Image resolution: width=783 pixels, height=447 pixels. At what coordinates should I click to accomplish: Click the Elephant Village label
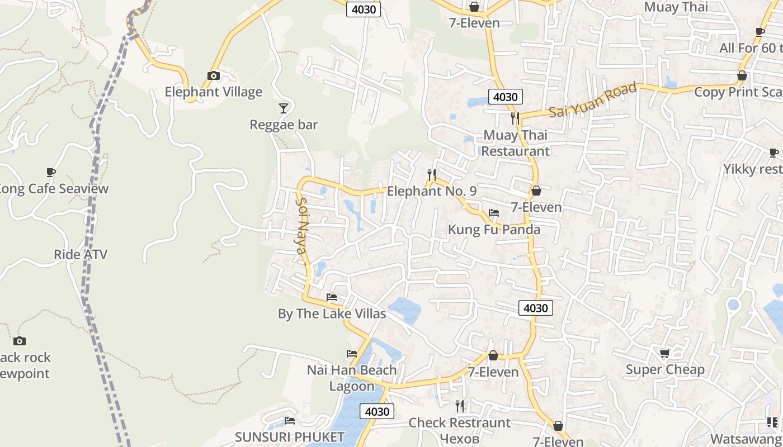pyautogui.click(x=213, y=92)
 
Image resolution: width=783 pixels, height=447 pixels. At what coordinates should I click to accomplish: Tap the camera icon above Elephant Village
pyautogui.click(x=213, y=75)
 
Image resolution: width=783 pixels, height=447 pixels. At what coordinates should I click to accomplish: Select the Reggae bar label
pyautogui.click(x=284, y=125)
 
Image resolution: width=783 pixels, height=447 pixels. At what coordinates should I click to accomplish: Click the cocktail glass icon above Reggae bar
pyautogui.click(x=284, y=107)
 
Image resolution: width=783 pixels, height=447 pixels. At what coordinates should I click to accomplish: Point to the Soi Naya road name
pyautogui.click(x=302, y=225)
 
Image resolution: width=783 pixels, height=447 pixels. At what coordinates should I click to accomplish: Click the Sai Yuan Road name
pyautogui.click(x=593, y=100)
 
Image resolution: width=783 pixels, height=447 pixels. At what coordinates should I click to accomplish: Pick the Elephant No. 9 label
pyautogui.click(x=432, y=191)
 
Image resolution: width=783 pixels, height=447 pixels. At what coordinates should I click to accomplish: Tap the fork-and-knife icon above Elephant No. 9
pyautogui.click(x=431, y=174)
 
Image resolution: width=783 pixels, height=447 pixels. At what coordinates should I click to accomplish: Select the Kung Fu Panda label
pyautogui.click(x=494, y=230)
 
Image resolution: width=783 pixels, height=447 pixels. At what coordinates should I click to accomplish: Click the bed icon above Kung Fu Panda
pyautogui.click(x=494, y=213)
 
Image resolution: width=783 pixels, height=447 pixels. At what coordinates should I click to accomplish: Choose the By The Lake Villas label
pyautogui.click(x=332, y=314)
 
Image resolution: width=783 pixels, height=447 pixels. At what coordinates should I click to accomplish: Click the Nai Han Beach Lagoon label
pyautogui.click(x=352, y=378)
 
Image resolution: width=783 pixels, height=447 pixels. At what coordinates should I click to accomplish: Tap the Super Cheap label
pyautogui.click(x=665, y=370)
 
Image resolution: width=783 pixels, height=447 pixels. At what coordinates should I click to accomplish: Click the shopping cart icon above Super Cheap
pyautogui.click(x=664, y=353)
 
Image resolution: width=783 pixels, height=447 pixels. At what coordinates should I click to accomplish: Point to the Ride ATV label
pyautogui.click(x=81, y=255)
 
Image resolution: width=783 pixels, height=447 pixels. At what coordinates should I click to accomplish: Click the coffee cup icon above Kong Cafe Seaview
pyautogui.click(x=51, y=172)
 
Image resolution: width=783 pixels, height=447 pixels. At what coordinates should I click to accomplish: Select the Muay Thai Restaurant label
pyautogui.click(x=516, y=143)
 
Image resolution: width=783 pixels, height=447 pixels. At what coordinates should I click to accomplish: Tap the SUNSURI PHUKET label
pyautogui.click(x=290, y=437)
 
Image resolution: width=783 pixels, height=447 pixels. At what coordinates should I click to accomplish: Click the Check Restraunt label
pyautogui.click(x=460, y=423)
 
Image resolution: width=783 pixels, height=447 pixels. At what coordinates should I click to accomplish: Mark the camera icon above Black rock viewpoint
pyautogui.click(x=20, y=341)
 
